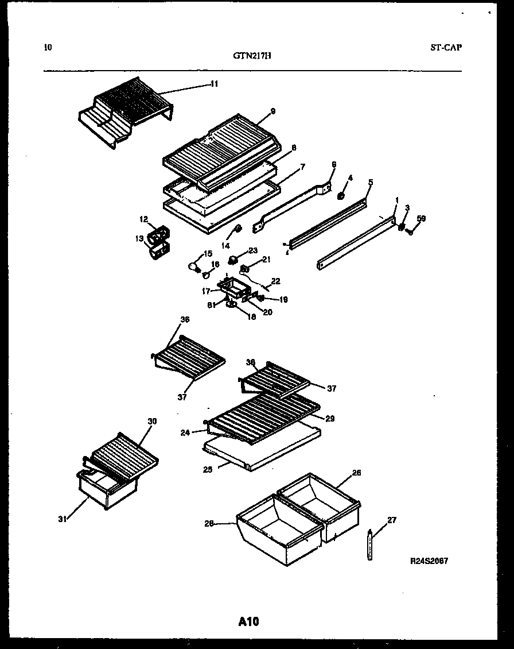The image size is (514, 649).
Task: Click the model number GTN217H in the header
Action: [252, 56]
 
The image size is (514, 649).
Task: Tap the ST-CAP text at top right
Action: [446, 48]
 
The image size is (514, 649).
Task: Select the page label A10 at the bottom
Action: [248, 621]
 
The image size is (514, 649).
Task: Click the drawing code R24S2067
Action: [429, 561]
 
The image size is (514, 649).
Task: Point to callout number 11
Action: [213, 84]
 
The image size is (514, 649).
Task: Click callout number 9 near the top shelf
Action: [273, 111]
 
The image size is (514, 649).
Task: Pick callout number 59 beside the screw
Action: [421, 218]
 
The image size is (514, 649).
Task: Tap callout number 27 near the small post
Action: [391, 520]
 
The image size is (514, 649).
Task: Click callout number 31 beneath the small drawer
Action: [61, 519]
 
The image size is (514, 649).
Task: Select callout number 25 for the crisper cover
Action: [208, 469]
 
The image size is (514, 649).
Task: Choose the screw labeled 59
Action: [409, 231]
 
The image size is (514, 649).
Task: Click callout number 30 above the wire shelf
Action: [152, 422]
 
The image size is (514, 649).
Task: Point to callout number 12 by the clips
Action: [143, 218]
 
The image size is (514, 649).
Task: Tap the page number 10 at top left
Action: [48, 48]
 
